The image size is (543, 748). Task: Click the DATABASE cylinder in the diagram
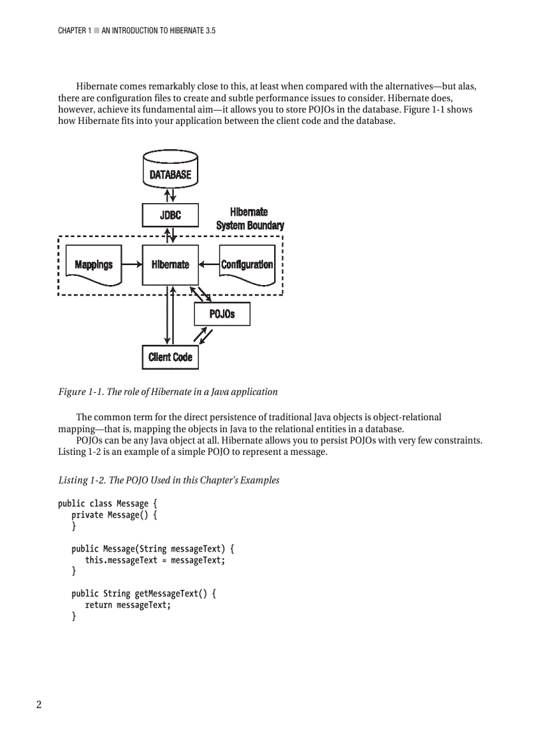(x=170, y=169)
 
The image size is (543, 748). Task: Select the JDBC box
(x=170, y=215)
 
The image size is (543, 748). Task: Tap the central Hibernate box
(x=170, y=264)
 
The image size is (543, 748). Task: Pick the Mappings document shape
(x=94, y=265)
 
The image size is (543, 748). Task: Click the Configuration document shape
(x=247, y=265)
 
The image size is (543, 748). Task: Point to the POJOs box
(x=222, y=314)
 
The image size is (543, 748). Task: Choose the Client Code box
(x=170, y=357)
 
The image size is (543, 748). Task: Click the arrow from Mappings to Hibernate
(x=130, y=264)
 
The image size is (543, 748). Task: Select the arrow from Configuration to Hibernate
(x=209, y=264)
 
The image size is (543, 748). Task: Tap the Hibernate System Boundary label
(x=250, y=218)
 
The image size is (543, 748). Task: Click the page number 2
(x=39, y=705)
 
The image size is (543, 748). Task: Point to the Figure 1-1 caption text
(x=168, y=392)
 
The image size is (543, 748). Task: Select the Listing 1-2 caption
(x=168, y=480)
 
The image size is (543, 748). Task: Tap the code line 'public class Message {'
(x=107, y=504)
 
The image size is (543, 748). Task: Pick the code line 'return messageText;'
(x=128, y=605)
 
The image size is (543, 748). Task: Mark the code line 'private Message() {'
(x=114, y=515)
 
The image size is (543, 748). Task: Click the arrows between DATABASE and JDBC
(x=170, y=194)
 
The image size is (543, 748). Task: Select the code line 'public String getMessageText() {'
(x=144, y=593)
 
